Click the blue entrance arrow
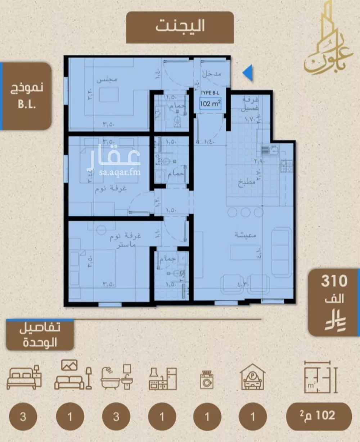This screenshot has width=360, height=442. click(248, 73)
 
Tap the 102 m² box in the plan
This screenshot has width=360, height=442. click(210, 104)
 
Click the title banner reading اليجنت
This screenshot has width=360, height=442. click(180, 27)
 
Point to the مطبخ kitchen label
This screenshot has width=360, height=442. click(247, 182)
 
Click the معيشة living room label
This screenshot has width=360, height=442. click(245, 235)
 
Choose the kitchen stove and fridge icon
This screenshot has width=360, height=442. click(162, 378)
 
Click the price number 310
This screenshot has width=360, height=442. click(334, 281)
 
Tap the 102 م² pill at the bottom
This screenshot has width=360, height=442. click(318, 416)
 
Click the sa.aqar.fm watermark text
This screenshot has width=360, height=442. click(114, 172)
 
